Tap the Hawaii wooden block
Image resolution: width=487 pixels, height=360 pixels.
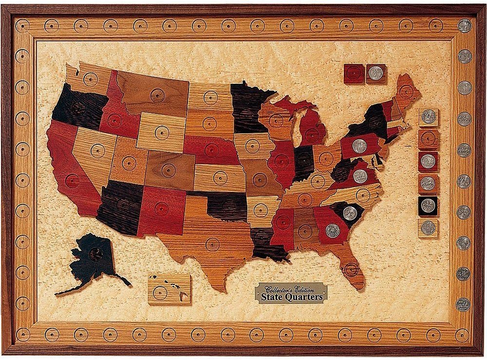pyautogui.click(x=169, y=289)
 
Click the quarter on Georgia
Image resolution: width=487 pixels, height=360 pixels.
pyautogui.click(x=333, y=229)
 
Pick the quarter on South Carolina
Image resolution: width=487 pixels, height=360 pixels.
pyautogui.click(x=350, y=213)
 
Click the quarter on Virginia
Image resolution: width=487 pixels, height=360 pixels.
pyautogui.click(x=360, y=176)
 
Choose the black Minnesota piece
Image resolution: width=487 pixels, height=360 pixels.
pyautogui.click(x=247, y=110)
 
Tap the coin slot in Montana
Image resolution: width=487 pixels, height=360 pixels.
pyautogui.click(x=157, y=95)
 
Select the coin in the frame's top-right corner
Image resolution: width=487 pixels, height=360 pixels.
pyautogui.click(x=465, y=25)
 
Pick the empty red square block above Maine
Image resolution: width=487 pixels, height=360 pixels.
pyautogui.click(x=354, y=74)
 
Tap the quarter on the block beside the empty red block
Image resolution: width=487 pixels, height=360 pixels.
pyautogui.click(x=375, y=74)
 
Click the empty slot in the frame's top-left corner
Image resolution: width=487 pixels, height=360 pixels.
pyautogui.click(x=22, y=25)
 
